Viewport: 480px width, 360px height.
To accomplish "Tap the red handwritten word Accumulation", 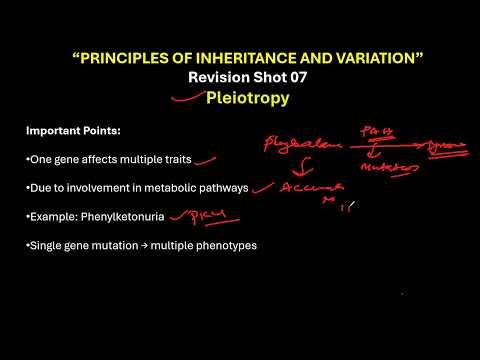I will (313, 187).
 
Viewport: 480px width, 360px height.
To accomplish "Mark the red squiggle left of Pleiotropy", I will (185, 99).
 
